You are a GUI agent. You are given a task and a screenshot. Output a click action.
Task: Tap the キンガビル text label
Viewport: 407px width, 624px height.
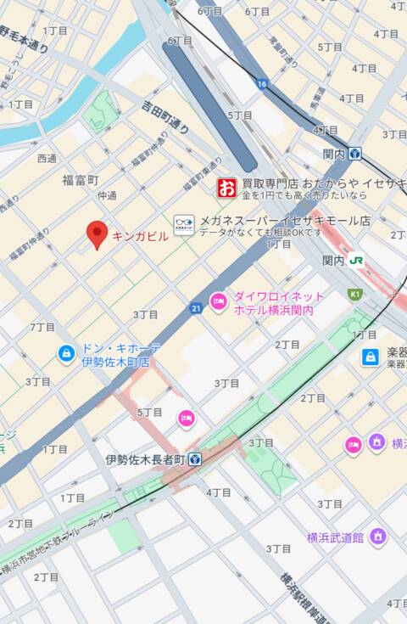click(140, 237)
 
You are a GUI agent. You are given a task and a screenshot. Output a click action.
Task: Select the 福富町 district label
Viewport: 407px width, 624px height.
click(81, 180)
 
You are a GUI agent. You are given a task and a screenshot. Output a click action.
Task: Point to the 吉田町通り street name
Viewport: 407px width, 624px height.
click(165, 117)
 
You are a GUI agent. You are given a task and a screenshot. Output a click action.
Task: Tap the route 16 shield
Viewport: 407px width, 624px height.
click(262, 83)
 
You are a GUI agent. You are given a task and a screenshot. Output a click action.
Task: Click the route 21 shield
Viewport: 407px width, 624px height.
click(196, 307)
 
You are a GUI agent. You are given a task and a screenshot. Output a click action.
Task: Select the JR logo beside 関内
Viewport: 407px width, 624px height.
click(356, 261)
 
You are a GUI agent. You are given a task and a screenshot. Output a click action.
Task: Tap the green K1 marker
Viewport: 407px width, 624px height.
click(354, 295)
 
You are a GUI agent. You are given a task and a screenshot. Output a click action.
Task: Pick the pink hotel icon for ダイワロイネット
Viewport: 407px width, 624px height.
click(219, 302)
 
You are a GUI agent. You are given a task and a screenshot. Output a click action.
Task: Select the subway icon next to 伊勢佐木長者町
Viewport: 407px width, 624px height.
click(195, 459)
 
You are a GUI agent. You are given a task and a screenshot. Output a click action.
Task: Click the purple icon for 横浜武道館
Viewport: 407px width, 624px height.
click(378, 537)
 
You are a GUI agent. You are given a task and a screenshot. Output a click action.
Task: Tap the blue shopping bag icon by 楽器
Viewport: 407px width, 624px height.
click(371, 357)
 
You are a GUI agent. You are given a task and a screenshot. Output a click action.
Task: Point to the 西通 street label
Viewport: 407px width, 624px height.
click(47, 159)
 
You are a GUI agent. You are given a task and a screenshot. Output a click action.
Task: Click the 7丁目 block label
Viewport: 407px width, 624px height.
click(42, 327)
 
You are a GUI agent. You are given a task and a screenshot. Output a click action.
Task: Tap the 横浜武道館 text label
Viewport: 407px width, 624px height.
click(335, 537)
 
